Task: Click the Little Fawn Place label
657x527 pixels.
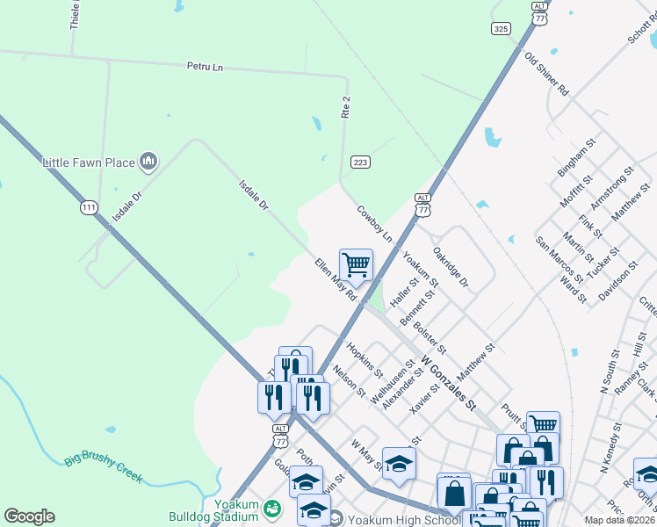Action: pyautogui.click(x=89, y=162)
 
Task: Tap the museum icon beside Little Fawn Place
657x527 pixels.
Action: pyautogui.click(x=148, y=162)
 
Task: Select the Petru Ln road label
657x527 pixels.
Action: pyautogui.click(x=205, y=66)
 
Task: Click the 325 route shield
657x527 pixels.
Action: pyautogui.click(x=501, y=29)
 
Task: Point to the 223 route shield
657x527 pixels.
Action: pyautogui.click(x=359, y=162)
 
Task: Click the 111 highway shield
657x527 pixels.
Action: pyautogui.click(x=88, y=207)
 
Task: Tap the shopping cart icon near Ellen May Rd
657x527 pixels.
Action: pyautogui.click(x=356, y=263)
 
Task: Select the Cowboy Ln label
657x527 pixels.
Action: pyautogui.click(x=374, y=225)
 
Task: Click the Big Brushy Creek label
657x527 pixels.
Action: pyautogui.click(x=104, y=469)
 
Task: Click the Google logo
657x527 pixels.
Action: pyautogui.click(x=29, y=516)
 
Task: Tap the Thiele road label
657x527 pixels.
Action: pyautogui.click(x=76, y=15)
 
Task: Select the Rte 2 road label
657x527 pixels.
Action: pyautogui.click(x=346, y=106)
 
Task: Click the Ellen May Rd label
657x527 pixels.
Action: pyautogui.click(x=336, y=279)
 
